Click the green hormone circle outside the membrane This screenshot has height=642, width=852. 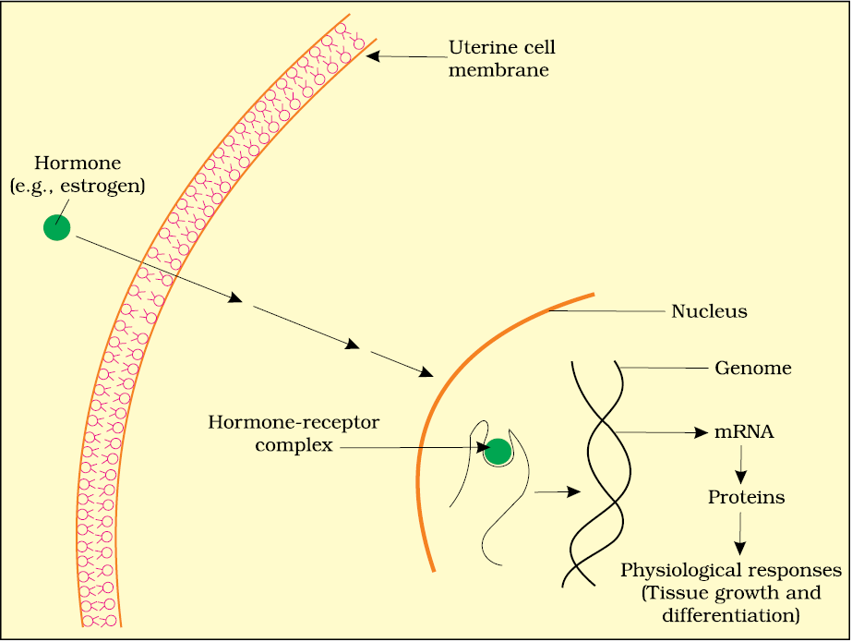(x=56, y=227)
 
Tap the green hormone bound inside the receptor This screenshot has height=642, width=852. (x=498, y=452)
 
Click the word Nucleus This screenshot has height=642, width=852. (x=709, y=311)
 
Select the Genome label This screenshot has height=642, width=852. (x=752, y=368)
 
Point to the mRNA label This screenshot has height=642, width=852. (x=743, y=432)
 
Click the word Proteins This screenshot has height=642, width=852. (x=746, y=497)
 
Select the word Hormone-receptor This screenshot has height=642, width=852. (x=294, y=422)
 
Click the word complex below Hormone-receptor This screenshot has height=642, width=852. (x=294, y=445)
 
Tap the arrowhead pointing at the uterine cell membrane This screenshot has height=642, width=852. (x=373, y=55)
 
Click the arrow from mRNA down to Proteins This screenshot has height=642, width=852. (x=740, y=466)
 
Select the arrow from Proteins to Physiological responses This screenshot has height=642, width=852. (x=739, y=534)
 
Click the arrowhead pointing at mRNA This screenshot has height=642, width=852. (x=702, y=432)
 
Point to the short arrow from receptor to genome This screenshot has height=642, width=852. (x=558, y=492)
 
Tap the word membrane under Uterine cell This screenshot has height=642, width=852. (x=498, y=71)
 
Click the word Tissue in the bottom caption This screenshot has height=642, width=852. (x=673, y=593)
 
